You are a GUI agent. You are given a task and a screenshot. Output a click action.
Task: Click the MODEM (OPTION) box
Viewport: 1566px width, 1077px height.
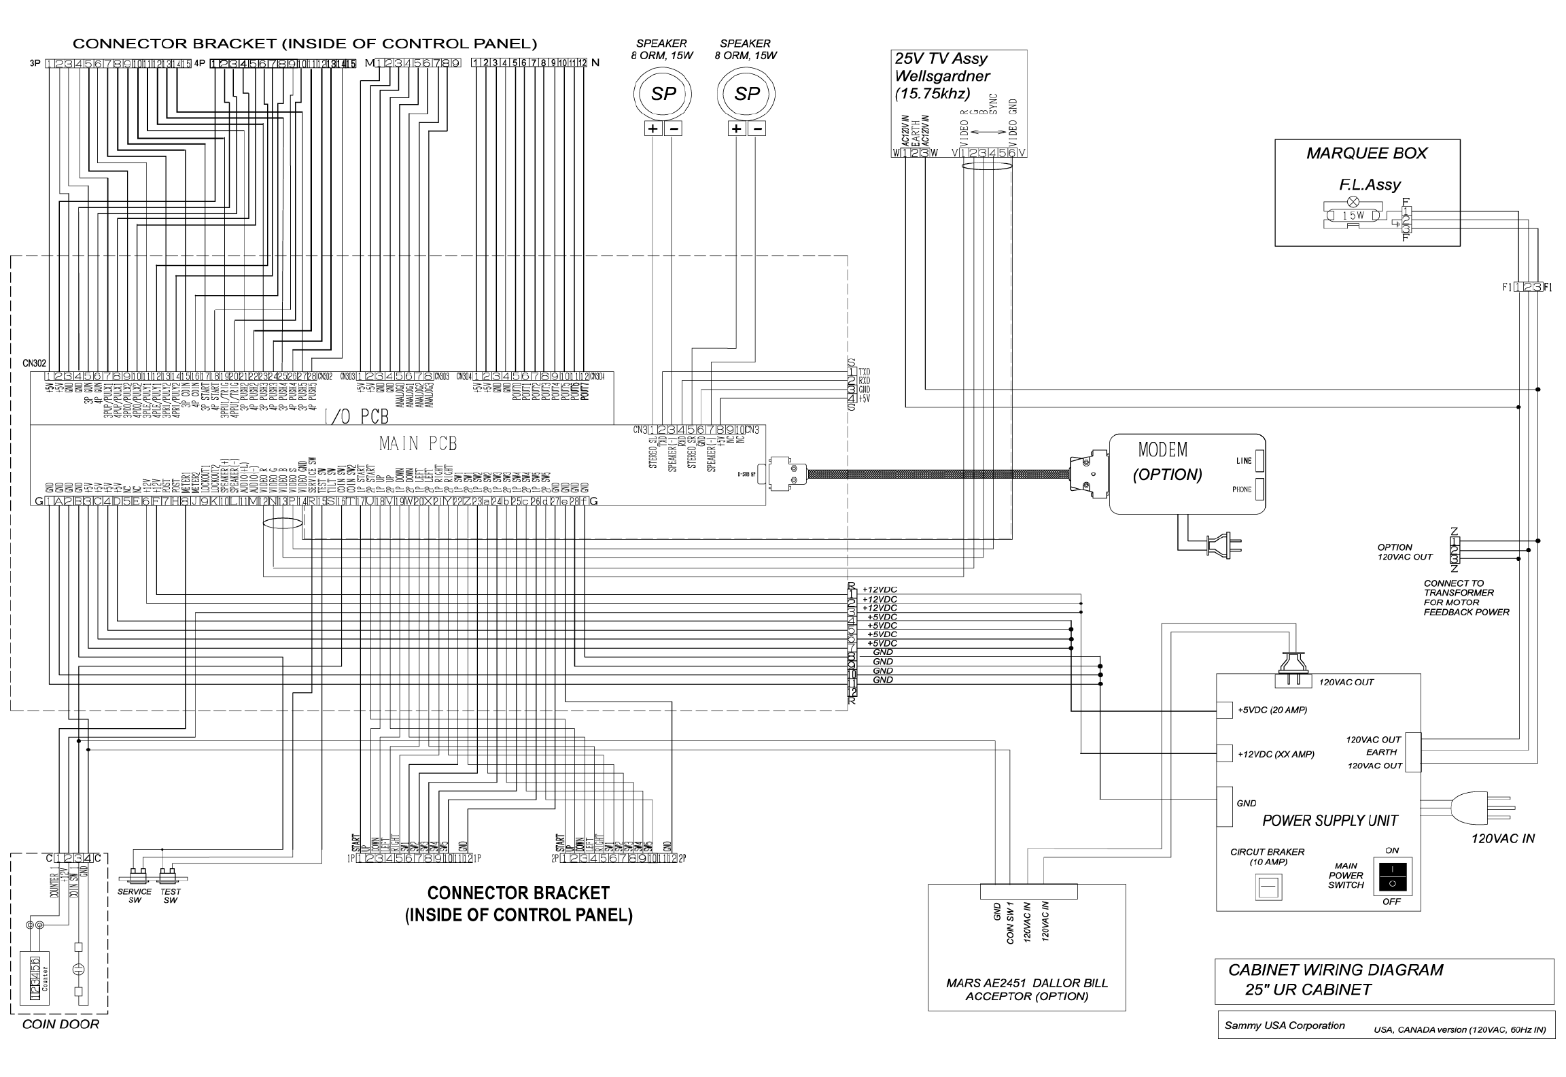click(1187, 474)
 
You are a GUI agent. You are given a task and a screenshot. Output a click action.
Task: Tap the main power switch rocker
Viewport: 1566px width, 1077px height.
click(1391, 876)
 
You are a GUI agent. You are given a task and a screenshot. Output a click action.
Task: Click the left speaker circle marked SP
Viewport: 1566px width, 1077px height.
click(663, 94)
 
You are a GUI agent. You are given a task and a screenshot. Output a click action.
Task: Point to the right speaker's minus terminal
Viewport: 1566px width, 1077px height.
click(758, 129)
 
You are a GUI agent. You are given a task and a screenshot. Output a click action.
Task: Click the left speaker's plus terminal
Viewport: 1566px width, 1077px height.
click(653, 129)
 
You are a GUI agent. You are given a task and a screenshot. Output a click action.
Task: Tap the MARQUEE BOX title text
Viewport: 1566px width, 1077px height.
click(1367, 154)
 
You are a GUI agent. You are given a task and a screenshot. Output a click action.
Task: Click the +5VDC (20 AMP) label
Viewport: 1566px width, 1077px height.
click(1272, 710)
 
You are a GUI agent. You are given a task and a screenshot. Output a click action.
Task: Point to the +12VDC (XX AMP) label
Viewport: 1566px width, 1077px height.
click(1276, 754)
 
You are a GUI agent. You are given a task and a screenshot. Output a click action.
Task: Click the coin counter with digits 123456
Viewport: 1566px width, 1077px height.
click(35, 978)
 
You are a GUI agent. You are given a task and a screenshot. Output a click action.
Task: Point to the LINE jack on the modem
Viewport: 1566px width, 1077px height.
click(1259, 461)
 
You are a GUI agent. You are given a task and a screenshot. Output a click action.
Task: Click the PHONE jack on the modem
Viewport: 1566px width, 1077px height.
click(1259, 490)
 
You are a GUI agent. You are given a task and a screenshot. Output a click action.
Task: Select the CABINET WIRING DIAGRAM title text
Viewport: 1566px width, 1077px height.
click(1335, 970)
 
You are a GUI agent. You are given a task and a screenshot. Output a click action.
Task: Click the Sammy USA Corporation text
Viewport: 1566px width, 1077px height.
click(1284, 1025)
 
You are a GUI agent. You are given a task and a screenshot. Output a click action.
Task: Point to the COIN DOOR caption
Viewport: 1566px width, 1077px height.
click(60, 1025)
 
